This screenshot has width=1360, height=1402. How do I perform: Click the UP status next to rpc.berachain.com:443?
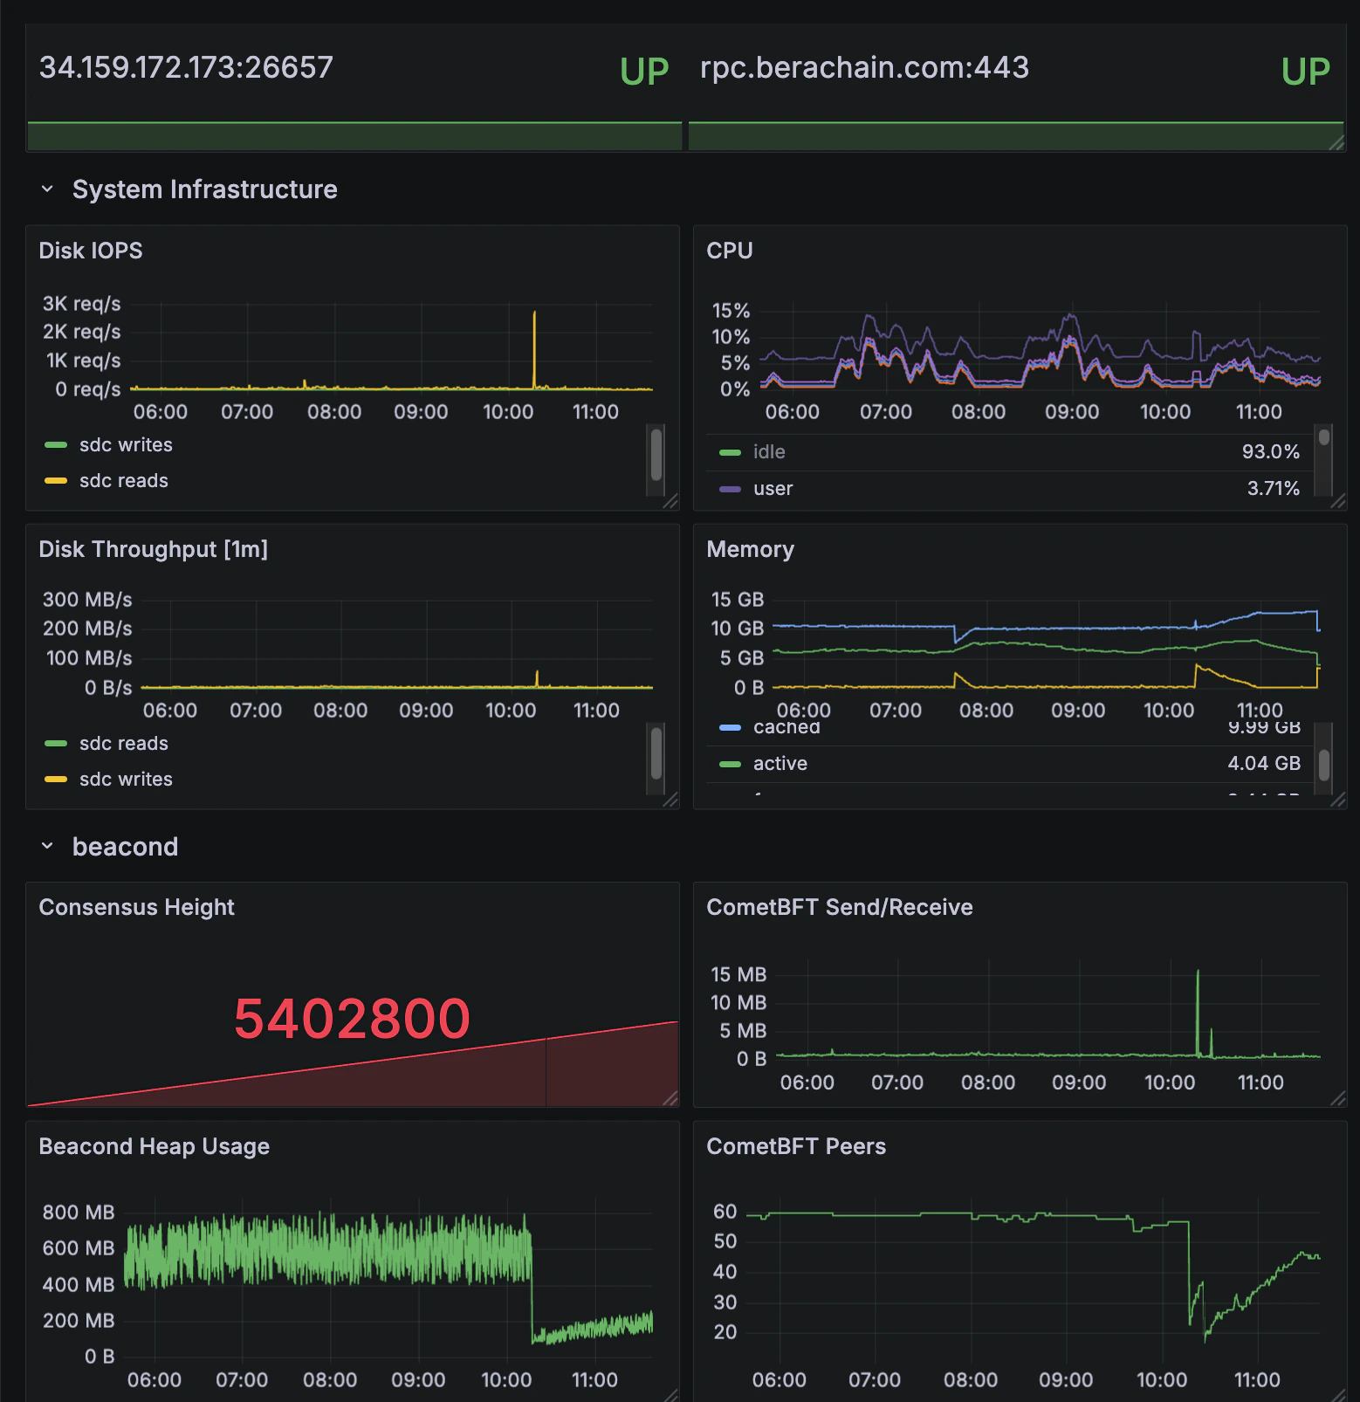click(x=1305, y=72)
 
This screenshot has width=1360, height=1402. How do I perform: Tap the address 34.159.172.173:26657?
click(x=186, y=67)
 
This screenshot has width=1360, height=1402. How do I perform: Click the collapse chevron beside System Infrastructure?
click(x=47, y=189)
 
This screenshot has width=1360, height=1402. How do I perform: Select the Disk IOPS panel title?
click(x=91, y=251)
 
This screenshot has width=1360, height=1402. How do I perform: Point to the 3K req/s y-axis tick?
click(x=81, y=304)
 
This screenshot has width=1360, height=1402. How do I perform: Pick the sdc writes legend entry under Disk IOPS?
click(x=125, y=445)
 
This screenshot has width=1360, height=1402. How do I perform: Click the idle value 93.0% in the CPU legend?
click(x=1270, y=451)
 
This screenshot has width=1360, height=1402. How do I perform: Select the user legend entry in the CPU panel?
click(x=773, y=489)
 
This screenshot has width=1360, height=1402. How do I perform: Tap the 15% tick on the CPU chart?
click(x=731, y=311)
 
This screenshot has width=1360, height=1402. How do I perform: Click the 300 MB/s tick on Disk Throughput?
click(x=87, y=600)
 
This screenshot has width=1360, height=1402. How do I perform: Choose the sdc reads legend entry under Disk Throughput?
click(x=123, y=744)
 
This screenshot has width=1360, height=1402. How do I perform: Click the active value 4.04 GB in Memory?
click(x=1263, y=764)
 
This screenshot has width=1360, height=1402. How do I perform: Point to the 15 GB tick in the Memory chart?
click(x=737, y=600)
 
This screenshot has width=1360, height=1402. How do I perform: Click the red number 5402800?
click(x=352, y=1019)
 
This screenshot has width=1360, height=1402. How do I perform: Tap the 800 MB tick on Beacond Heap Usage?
click(x=79, y=1213)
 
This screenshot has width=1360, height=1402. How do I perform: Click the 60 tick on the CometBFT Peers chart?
click(x=725, y=1212)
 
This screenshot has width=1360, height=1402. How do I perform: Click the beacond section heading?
click(x=125, y=847)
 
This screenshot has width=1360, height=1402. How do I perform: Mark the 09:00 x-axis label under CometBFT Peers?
click(x=1065, y=1380)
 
